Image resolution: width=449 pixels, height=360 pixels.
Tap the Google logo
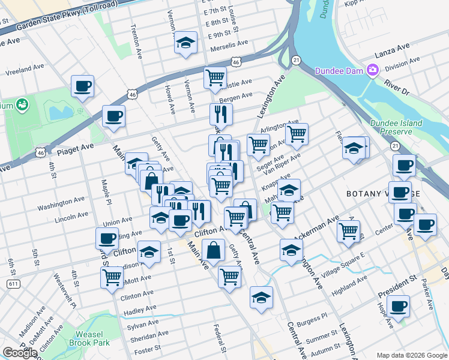point(20,352)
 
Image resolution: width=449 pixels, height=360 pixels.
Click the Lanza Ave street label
point(391,46)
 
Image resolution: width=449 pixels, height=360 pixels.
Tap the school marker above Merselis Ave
point(186,43)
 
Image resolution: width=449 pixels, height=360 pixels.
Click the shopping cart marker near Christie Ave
point(214,77)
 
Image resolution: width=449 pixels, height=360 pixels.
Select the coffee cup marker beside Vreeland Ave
point(82,85)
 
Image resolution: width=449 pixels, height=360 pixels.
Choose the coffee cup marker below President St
point(397,306)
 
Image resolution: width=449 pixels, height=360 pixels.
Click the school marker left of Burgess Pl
point(262,298)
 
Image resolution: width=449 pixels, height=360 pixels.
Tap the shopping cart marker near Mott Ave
point(112,277)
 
